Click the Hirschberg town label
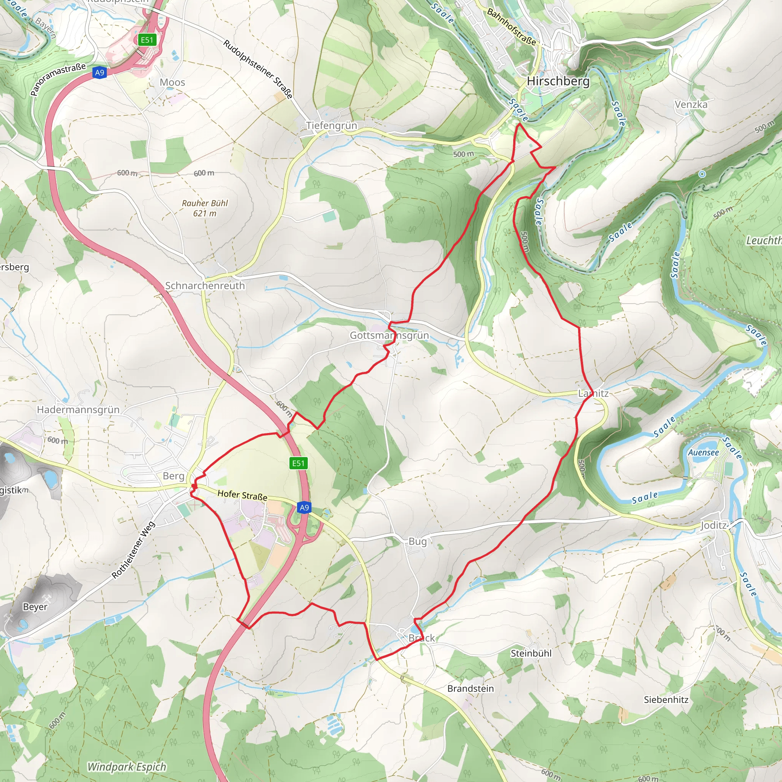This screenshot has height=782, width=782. coord(558,81)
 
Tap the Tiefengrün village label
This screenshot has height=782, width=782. coord(331,126)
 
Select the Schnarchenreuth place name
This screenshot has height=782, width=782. coord(205,286)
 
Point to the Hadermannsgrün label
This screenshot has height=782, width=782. coord(78,410)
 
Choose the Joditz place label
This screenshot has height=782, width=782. coord(714,525)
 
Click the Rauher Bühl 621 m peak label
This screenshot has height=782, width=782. coord(205,208)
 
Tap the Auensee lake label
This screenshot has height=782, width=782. coord(703,452)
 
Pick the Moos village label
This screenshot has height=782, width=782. coord(172,82)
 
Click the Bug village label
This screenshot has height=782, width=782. coord(417,541)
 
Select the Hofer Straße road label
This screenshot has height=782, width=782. coord(242,495)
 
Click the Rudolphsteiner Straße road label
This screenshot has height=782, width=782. coord(258,69)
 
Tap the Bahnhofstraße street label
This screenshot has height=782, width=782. coord(511,27)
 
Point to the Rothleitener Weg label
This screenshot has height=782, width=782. coord(133,550)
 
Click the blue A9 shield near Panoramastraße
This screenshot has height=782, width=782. coord(100,73)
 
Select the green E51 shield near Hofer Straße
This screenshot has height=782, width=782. coord(298,464)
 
